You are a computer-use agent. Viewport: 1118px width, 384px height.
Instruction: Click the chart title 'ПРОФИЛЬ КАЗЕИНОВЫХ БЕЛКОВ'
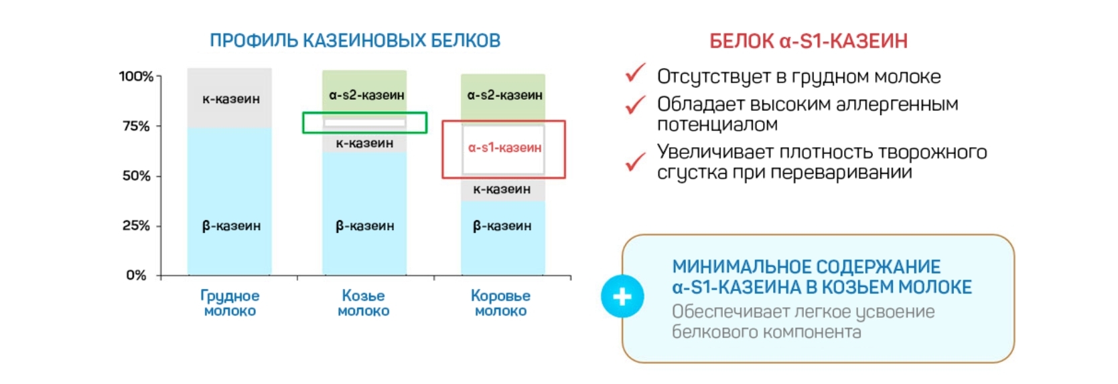tap(355, 40)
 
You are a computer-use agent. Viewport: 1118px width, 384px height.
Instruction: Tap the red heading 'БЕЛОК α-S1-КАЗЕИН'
tap(809, 41)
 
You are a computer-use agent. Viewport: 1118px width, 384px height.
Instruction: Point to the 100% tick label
tap(136, 76)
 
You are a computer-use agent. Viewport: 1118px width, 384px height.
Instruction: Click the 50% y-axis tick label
tap(136, 176)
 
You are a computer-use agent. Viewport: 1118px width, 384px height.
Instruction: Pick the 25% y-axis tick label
tap(136, 226)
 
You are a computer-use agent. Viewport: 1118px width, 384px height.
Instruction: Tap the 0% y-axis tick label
tap(136, 275)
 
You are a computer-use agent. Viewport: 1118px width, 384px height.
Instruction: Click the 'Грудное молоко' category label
tap(230, 303)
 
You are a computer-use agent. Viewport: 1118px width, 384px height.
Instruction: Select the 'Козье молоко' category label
tap(363, 303)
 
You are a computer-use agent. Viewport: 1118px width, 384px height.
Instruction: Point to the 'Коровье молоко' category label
tap(500, 303)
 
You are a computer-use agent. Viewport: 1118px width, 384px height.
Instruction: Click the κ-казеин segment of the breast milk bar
tap(230, 98)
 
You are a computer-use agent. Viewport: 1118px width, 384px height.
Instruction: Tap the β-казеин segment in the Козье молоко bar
tap(364, 213)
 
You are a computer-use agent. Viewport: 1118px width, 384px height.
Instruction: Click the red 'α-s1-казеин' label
tap(504, 148)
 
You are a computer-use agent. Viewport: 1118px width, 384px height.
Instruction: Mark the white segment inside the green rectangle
tap(364, 122)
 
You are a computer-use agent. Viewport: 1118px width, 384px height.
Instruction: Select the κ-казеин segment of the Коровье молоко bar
tap(503, 189)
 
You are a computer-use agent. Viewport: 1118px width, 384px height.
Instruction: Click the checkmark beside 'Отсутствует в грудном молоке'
tap(635, 73)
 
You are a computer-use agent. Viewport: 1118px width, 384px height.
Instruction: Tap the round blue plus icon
tap(622, 296)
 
